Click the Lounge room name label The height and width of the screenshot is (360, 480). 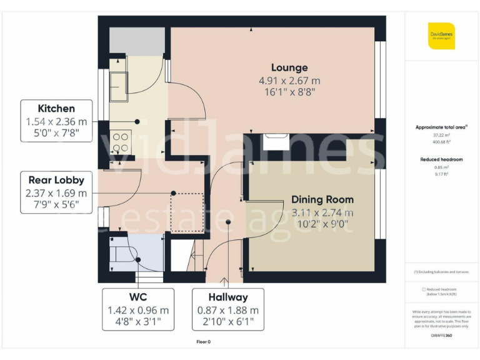tap(289, 67)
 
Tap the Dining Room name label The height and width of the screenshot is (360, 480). tap(322, 200)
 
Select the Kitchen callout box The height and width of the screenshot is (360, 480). tap(56, 122)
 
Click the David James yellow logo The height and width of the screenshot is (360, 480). tap(441, 36)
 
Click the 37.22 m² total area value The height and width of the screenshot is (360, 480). tap(441, 135)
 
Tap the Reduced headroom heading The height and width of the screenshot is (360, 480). tap(441, 159)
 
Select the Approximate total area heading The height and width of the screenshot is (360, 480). tap(441, 127)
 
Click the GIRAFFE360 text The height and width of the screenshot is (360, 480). tap(441, 336)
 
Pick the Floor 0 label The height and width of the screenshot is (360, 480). tap(204, 341)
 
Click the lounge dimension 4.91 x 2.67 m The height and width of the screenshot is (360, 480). tap(289, 81)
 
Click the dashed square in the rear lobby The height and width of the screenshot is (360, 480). tap(188, 211)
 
